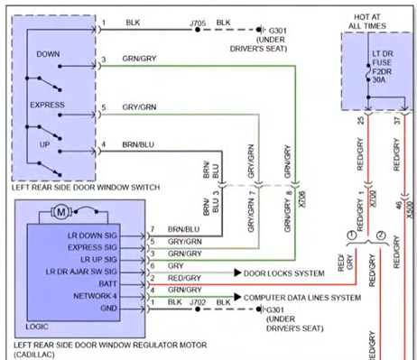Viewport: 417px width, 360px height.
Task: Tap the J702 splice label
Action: click(192, 309)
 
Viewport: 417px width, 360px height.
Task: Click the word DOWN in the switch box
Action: click(48, 54)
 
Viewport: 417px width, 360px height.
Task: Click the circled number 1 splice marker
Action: click(348, 237)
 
